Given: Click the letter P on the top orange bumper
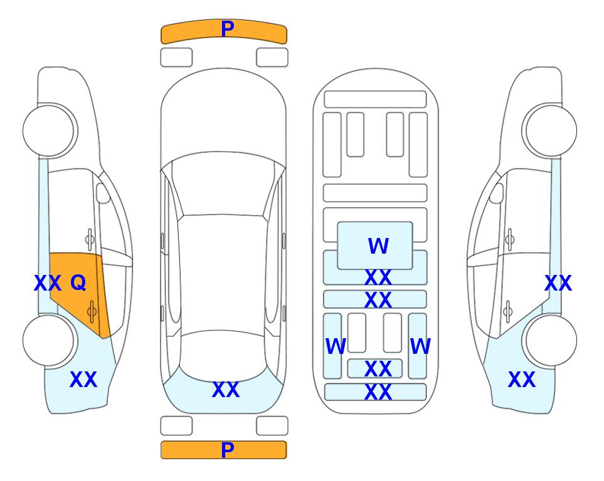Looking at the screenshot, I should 228,29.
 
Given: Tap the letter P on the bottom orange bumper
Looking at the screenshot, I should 228,450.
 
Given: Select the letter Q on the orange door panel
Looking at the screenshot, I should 78,282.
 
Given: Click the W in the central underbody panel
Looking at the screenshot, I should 378,246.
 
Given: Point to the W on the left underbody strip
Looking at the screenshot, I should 336,346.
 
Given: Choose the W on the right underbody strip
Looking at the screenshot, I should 420,346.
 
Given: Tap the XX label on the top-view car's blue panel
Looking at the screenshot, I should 226,390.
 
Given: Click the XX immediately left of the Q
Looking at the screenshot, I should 47,283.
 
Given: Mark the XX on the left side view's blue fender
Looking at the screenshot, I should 83,380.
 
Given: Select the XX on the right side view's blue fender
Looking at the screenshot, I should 521,380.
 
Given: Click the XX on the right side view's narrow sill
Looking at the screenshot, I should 558,283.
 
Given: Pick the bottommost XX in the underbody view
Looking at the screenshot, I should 378,392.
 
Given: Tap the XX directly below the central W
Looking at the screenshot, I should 378,277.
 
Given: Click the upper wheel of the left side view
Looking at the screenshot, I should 49,130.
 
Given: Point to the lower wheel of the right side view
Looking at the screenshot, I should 551,340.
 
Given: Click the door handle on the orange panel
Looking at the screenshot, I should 92,311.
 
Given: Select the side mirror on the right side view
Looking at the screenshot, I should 496,193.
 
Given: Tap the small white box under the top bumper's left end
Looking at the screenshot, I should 176,57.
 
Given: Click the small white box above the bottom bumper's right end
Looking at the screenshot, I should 272,425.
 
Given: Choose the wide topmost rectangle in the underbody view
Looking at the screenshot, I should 375,99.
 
